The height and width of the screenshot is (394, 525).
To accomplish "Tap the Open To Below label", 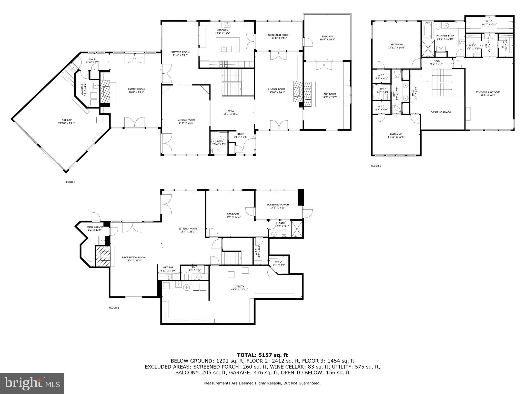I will click(441, 112).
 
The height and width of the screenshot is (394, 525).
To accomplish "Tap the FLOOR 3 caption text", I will click(376, 166).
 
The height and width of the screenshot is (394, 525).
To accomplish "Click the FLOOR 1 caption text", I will click(114, 308).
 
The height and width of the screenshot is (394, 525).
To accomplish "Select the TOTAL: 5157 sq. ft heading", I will click(262, 355).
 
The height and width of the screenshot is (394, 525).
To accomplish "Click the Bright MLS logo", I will click(32, 383).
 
